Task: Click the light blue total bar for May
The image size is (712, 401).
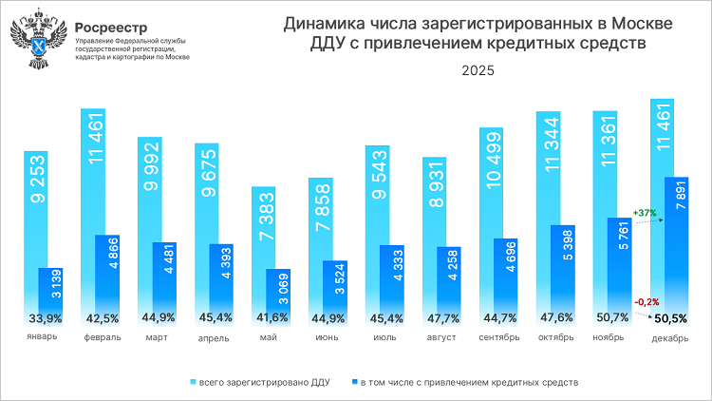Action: click(264, 247)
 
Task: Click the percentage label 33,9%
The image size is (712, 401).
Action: click(45, 317)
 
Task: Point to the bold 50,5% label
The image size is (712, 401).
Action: click(670, 317)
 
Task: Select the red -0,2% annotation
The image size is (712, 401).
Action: click(647, 300)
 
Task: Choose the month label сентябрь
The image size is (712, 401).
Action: click(498, 336)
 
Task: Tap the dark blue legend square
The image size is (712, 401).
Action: click(353, 382)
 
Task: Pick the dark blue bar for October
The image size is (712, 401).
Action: click(563, 271)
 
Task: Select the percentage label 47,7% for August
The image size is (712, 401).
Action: click(442, 317)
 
